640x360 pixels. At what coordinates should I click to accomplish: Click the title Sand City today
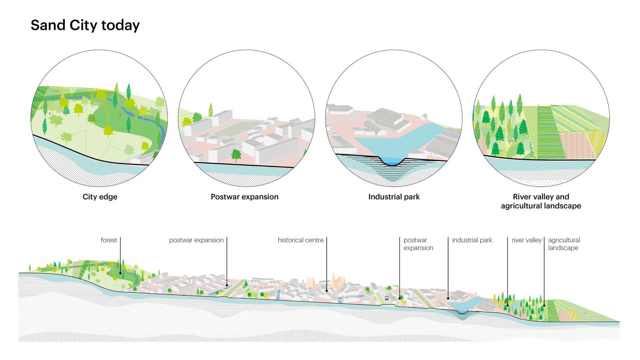point(85,25)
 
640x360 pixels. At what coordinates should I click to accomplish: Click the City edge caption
point(100,197)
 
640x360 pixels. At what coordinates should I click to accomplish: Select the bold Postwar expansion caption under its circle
point(244,197)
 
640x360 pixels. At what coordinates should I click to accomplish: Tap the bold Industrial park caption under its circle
point(394,197)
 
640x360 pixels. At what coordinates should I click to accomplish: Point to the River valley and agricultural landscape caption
point(541,201)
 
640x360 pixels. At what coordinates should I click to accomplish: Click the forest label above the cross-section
point(109,240)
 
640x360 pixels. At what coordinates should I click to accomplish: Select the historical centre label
point(300,240)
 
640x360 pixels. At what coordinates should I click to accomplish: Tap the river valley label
point(526,240)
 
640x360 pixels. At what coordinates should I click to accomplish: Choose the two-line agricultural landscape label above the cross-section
point(564,244)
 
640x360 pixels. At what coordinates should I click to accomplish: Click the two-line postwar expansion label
point(418,244)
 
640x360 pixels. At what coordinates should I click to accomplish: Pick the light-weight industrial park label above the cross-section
point(472,240)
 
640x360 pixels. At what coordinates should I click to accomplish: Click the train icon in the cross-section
point(387,298)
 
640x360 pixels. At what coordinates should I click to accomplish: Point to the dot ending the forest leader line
point(120,273)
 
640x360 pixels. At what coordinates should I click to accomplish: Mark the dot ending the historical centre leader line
point(327,291)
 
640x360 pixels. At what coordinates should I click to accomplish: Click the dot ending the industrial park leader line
point(448,299)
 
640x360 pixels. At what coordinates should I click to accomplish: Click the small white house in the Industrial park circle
point(424,117)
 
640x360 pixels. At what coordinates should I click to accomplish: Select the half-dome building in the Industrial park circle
point(382,132)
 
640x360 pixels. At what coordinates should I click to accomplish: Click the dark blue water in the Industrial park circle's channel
point(392,161)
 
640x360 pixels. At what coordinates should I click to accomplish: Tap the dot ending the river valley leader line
point(508,305)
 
